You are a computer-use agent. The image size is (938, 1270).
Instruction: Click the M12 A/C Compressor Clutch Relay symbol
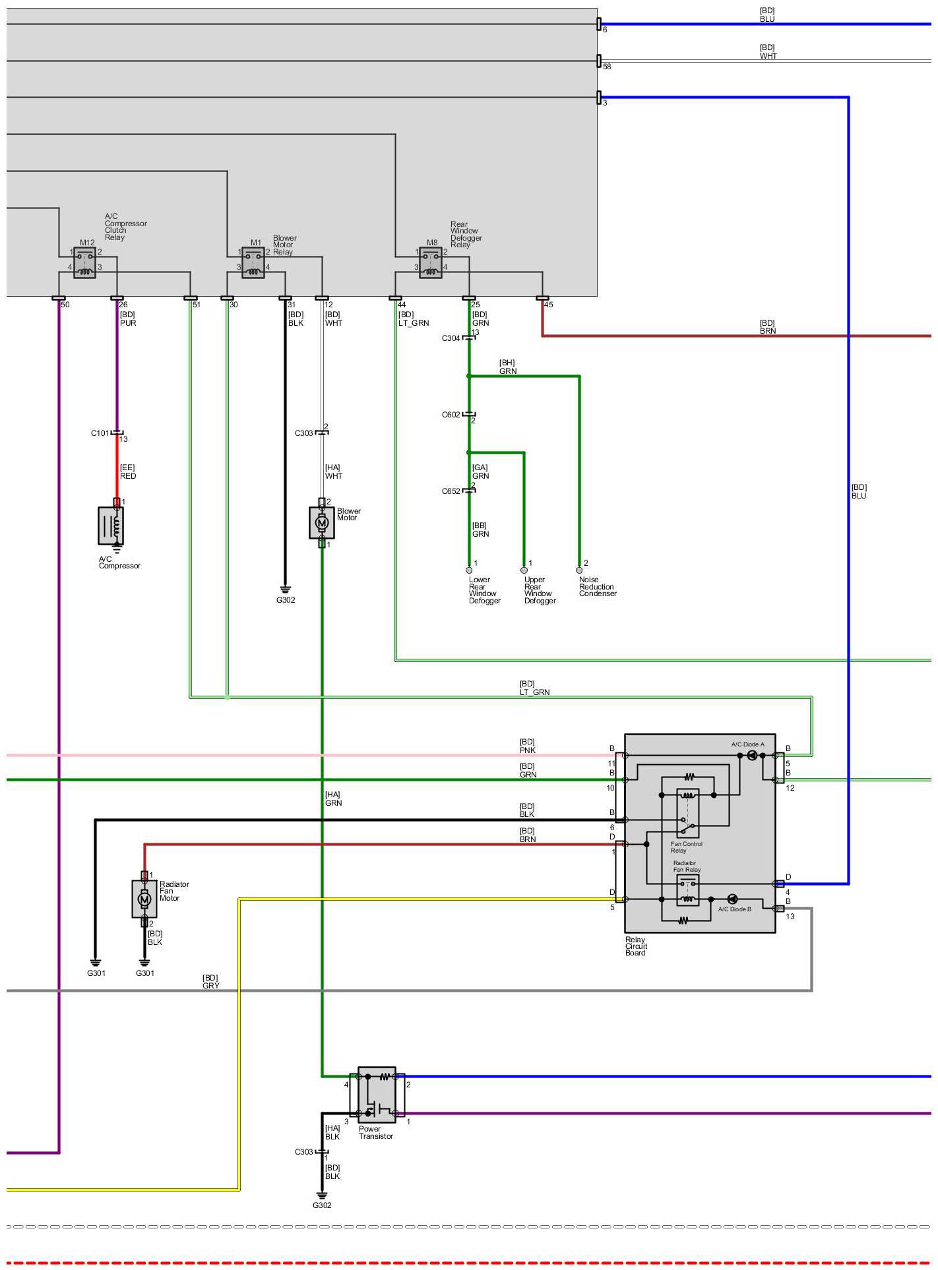click(84, 263)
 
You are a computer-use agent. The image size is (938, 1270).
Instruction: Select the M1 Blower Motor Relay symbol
click(253, 263)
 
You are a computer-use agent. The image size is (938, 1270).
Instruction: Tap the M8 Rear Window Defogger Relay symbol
click(431, 263)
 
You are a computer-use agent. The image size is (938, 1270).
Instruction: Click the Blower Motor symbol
click(322, 522)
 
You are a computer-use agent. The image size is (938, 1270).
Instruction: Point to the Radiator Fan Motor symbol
click(144, 898)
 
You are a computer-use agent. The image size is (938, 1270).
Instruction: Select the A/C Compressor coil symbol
click(111, 526)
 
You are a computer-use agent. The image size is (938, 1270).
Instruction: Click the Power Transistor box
click(377, 1095)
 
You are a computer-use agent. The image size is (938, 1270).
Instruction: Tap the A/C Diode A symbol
click(752, 756)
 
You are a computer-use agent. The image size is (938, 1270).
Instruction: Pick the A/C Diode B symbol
click(732, 899)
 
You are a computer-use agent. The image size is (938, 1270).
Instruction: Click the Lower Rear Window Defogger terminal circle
click(469, 570)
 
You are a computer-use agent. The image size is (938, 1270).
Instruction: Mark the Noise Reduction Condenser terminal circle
click(579, 570)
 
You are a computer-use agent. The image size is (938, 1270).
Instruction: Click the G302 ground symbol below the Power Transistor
click(322, 1195)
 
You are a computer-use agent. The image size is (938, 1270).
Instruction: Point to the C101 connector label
click(100, 433)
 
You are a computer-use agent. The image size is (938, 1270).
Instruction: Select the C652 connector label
click(451, 491)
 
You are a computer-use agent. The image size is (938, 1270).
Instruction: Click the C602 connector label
click(451, 415)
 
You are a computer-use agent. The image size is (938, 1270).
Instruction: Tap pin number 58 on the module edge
click(607, 67)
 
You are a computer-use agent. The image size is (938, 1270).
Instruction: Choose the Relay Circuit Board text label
click(636, 946)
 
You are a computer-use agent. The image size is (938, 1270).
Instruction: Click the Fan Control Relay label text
click(686, 847)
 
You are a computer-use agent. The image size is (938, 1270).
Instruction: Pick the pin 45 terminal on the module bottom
click(542, 299)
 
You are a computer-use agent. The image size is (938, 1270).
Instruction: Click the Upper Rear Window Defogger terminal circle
click(524, 570)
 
